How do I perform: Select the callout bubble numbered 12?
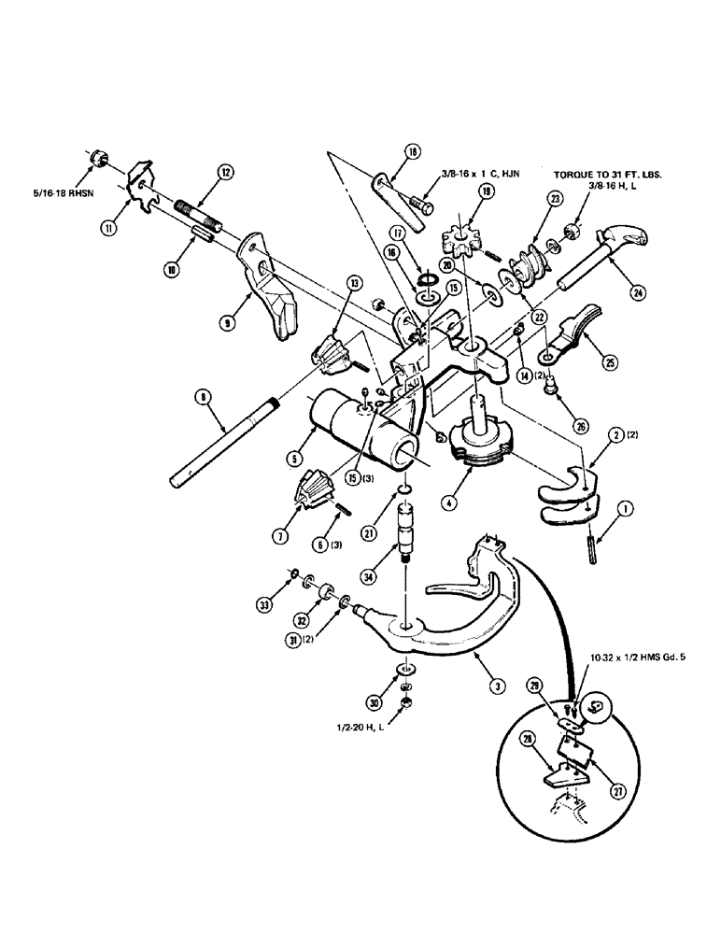pyautogui.click(x=224, y=171)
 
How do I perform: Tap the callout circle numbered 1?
pyautogui.click(x=624, y=510)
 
